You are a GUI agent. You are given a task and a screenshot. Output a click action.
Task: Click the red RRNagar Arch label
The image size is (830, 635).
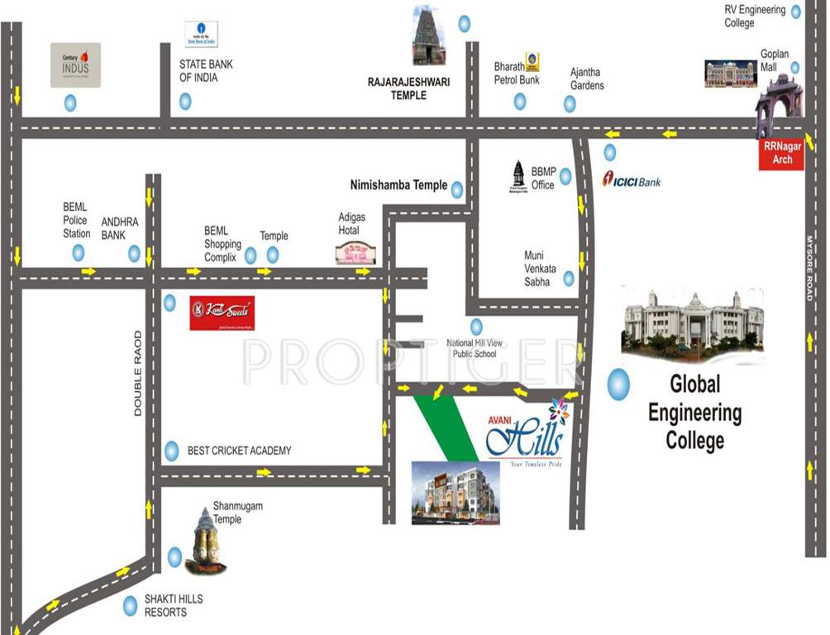click(x=781, y=154)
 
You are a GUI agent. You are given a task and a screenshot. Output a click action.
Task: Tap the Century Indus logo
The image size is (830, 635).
click(x=75, y=65)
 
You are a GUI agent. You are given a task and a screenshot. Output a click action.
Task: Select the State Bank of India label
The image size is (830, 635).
click(x=206, y=71)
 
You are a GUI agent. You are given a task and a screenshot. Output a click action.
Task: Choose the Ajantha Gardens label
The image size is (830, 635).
click(x=586, y=79)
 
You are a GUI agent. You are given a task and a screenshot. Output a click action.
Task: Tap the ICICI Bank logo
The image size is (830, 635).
click(x=632, y=179)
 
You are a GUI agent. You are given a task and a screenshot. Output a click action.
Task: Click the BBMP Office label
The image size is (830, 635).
click(x=542, y=179)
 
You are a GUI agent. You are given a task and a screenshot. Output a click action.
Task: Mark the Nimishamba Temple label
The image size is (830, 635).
click(x=398, y=186)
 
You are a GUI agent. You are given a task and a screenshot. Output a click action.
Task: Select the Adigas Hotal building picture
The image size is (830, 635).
click(x=355, y=253)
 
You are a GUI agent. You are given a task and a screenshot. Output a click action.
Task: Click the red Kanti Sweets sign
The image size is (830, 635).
click(x=222, y=313)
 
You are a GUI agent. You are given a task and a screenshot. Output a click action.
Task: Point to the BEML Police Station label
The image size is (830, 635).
click(x=76, y=220)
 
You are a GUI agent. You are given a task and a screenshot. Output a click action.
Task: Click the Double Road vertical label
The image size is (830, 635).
click(x=138, y=373)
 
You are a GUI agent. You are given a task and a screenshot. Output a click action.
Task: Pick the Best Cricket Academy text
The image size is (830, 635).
click(x=239, y=451)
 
